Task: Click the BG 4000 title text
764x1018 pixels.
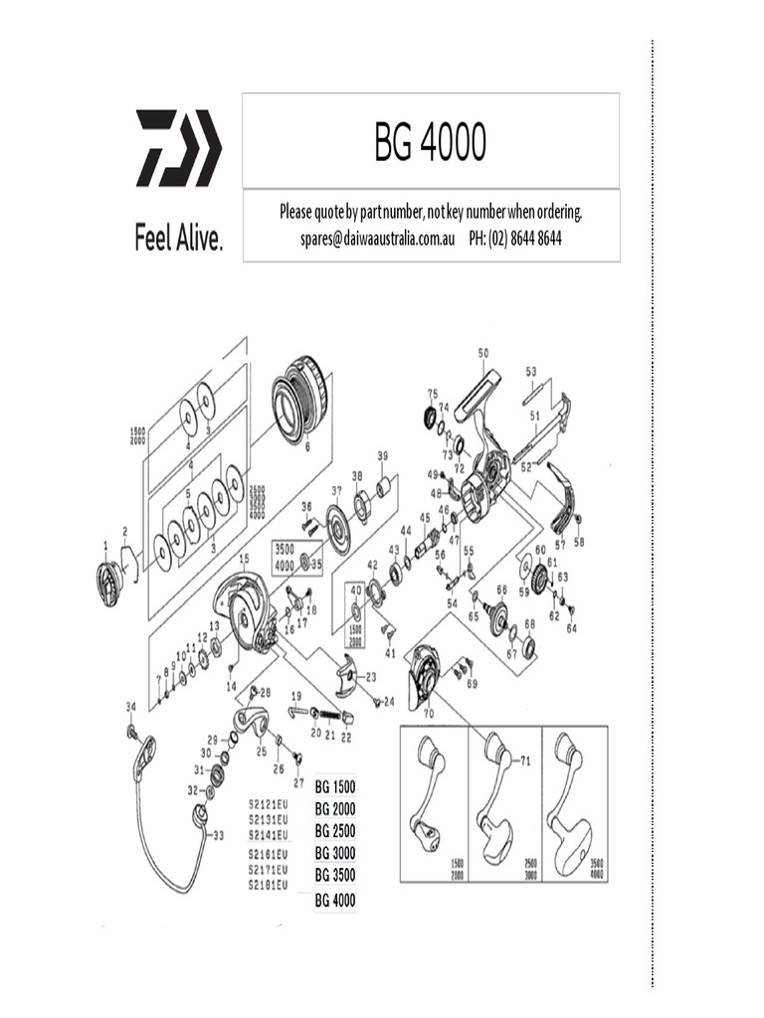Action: click(x=430, y=143)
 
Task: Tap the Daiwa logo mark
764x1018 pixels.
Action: click(x=178, y=148)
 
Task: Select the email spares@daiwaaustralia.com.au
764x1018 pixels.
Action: click(x=377, y=240)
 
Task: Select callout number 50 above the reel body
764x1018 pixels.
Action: click(x=483, y=353)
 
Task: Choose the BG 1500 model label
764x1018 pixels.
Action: click(x=335, y=786)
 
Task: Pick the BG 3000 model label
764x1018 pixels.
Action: click(x=335, y=853)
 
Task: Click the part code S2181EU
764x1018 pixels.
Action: click(x=268, y=884)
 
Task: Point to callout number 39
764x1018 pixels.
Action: click(x=382, y=455)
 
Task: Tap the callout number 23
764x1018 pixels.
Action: click(x=370, y=677)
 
